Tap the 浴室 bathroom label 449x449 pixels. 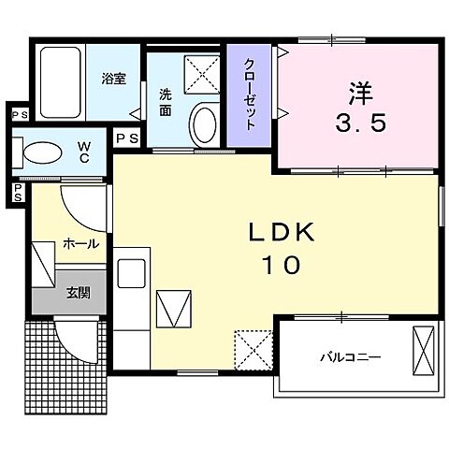[113, 80]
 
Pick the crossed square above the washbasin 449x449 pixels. [198, 73]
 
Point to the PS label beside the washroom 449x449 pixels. [127, 138]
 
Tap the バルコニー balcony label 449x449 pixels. [350, 355]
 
